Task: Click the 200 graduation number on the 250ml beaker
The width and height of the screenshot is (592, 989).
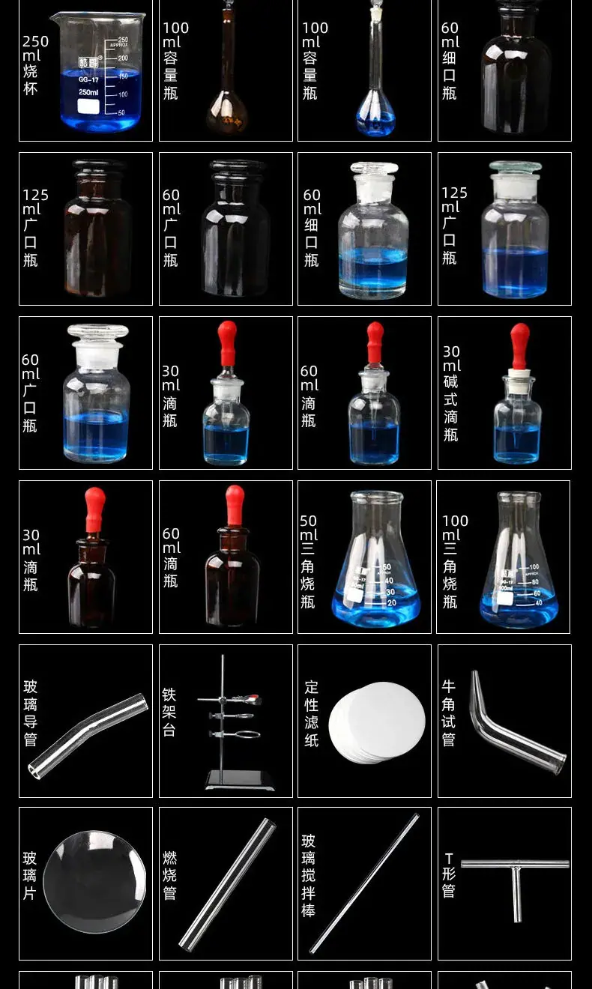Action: [123, 58]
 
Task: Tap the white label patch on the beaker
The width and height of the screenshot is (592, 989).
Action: [88, 106]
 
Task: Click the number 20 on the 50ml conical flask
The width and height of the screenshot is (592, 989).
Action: [392, 602]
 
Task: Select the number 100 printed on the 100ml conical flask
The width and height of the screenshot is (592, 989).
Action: [534, 566]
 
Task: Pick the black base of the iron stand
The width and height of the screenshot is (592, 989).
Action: [239, 781]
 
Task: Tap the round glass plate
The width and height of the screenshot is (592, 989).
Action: [94, 882]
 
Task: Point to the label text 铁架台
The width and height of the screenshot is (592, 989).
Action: [169, 713]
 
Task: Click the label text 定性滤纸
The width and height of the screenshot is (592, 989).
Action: [311, 713]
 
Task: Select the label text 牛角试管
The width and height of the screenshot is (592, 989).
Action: [449, 713]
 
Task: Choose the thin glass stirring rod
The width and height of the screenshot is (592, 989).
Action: [363, 883]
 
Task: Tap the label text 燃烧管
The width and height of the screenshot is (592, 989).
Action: [170, 874]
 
